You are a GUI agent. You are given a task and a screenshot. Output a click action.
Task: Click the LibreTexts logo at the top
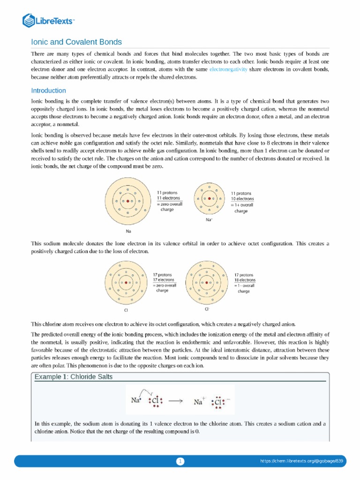coord(49,20)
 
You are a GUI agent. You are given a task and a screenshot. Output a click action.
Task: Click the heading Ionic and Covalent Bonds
coord(76,42)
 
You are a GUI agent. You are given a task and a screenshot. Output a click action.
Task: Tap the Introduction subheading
coord(48,90)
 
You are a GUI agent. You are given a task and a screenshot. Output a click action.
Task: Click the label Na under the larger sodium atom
coord(128,231)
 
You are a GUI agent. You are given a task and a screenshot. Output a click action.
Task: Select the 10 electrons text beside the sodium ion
coord(242,199)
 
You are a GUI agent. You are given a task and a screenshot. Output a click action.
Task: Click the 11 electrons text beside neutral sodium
coord(168,198)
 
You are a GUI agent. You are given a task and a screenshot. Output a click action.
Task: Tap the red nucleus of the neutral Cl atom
coord(127,283)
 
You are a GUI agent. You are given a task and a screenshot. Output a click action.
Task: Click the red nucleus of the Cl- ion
coord(207,282)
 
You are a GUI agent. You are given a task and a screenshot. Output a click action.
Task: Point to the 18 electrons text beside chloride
coord(245,280)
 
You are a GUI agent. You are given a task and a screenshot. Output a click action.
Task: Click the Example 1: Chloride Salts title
coord(74,377)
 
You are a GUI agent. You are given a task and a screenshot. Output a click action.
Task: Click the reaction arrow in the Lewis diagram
coord(175,401)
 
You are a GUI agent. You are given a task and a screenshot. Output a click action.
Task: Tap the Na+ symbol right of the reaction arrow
coord(200,402)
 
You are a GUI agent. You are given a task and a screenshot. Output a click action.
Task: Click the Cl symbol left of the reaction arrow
coord(155,401)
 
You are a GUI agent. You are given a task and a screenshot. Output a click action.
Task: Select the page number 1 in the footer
coord(180,462)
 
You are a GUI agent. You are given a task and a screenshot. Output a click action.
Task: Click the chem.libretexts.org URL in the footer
coord(301,462)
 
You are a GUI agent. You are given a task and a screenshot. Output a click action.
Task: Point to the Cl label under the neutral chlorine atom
coord(126,310)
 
